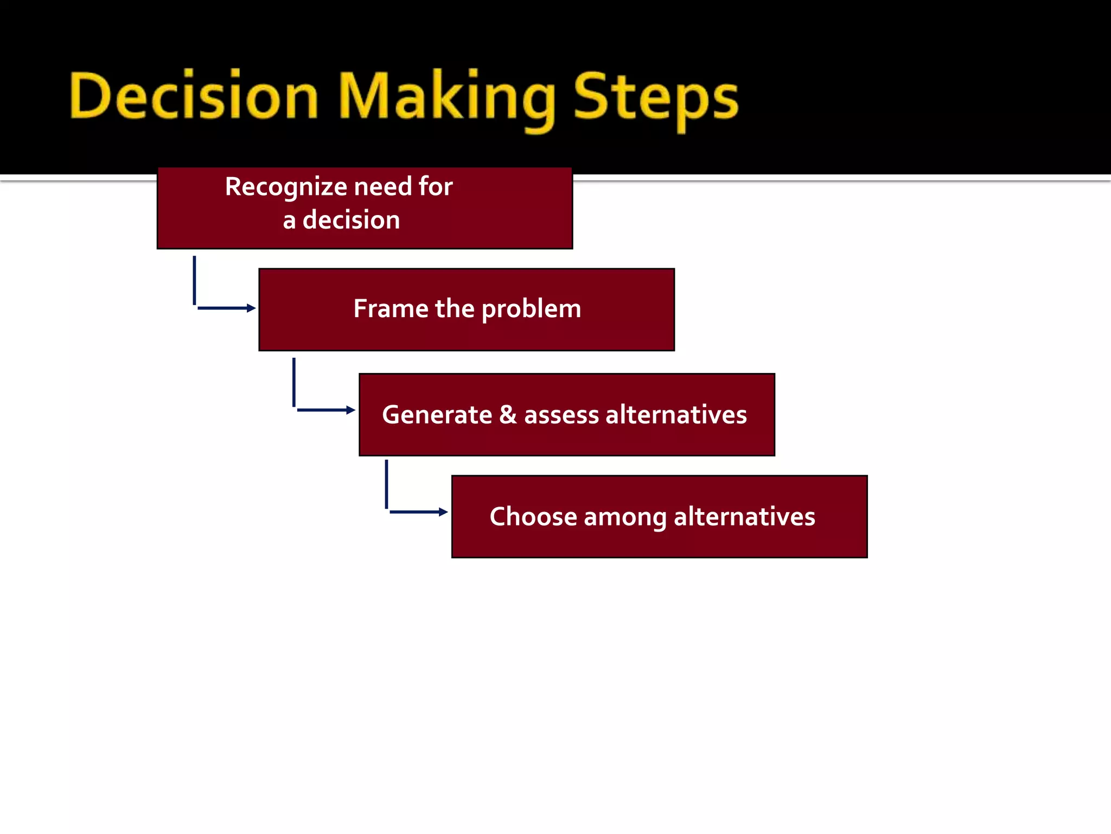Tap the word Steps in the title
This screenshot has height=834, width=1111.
656,98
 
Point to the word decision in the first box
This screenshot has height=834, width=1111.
351,220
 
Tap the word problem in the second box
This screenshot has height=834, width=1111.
531,309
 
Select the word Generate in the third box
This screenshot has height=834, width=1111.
437,415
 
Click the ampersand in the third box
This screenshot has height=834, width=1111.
508,415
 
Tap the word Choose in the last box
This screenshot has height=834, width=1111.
533,516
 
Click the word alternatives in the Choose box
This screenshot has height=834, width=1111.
744,516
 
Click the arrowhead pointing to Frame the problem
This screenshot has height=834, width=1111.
251,308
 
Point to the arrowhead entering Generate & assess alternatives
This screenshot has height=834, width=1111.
351,410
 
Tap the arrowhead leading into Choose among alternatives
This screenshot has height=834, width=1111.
443,511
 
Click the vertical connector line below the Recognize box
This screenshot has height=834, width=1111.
194,280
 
